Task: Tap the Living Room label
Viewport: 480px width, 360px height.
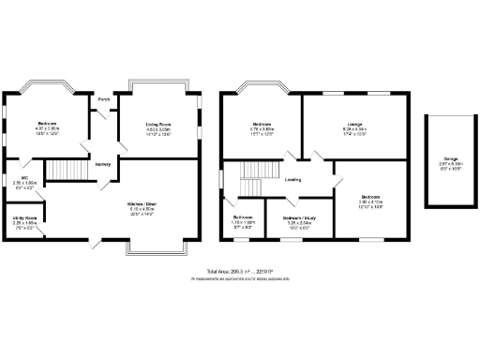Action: click(x=157, y=124)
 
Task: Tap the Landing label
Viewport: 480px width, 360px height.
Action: click(x=293, y=178)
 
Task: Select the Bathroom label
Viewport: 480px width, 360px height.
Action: click(x=243, y=217)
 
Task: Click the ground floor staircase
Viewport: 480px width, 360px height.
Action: click(x=65, y=168)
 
